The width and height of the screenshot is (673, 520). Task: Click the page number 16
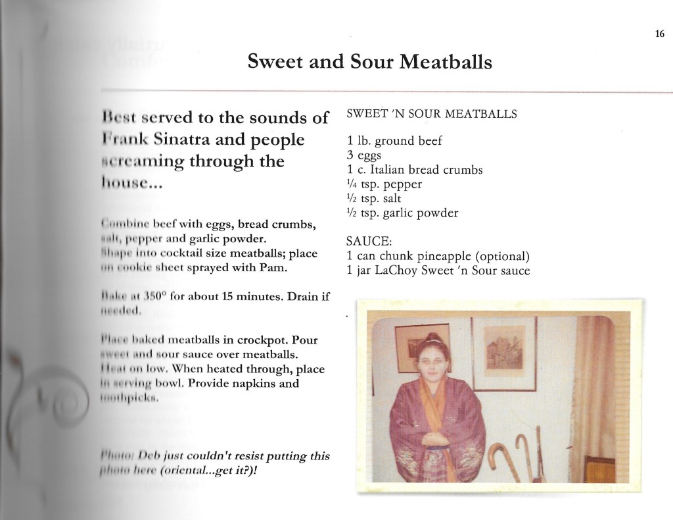(659, 35)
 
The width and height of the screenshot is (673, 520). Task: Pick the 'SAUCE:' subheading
(367, 242)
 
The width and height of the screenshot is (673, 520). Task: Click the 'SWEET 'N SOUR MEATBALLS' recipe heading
(431, 114)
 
